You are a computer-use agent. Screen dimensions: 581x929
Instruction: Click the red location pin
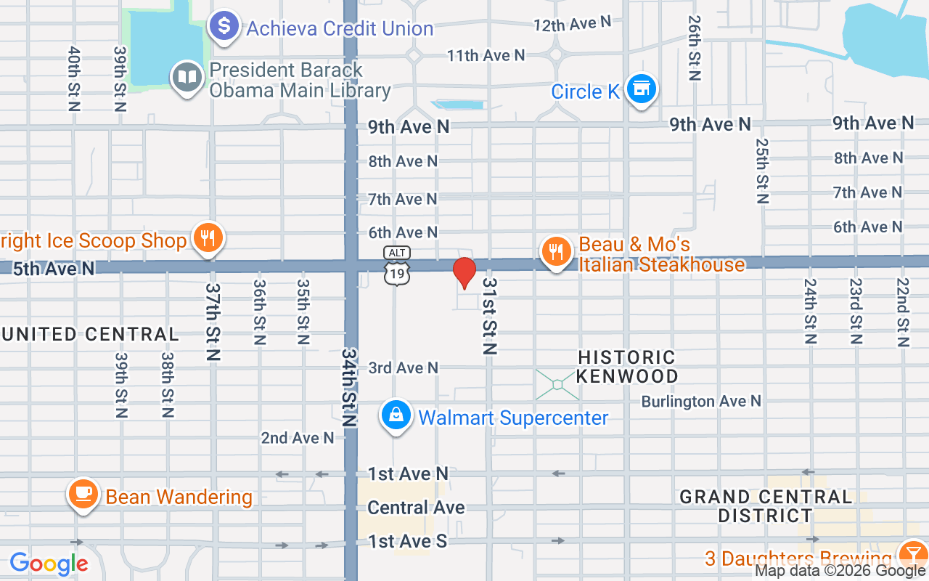[x=464, y=273]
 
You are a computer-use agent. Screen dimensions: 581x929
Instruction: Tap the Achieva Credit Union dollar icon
[x=224, y=27]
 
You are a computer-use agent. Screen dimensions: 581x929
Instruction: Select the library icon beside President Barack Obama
[x=187, y=77]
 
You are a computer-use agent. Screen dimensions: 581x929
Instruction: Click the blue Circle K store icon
[x=641, y=89]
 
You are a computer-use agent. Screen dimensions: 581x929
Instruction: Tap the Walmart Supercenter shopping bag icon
[x=396, y=416]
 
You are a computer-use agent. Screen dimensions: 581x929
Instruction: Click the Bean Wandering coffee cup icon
[x=83, y=495]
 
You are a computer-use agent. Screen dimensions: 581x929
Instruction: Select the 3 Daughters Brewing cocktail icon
[x=911, y=556]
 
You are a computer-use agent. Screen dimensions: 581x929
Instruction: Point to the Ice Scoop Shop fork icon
[x=208, y=237]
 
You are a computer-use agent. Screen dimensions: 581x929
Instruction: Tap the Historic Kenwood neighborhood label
[x=626, y=367]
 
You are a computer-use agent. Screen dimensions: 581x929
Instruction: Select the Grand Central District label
[x=765, y=506]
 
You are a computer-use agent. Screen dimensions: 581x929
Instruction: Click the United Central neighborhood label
[x=90, y=335]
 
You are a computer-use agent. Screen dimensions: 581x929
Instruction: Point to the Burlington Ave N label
[x=701, y=401]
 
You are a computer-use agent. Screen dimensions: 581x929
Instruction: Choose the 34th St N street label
[x=350, y=387]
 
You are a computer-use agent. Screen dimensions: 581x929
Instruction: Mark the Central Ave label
[x=416, y=508]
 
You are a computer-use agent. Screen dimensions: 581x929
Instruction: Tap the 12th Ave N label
[x=573, y=25]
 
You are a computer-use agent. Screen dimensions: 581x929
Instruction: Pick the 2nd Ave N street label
[x=298, y=438]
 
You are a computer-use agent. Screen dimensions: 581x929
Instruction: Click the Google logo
[x=49, y=564]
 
